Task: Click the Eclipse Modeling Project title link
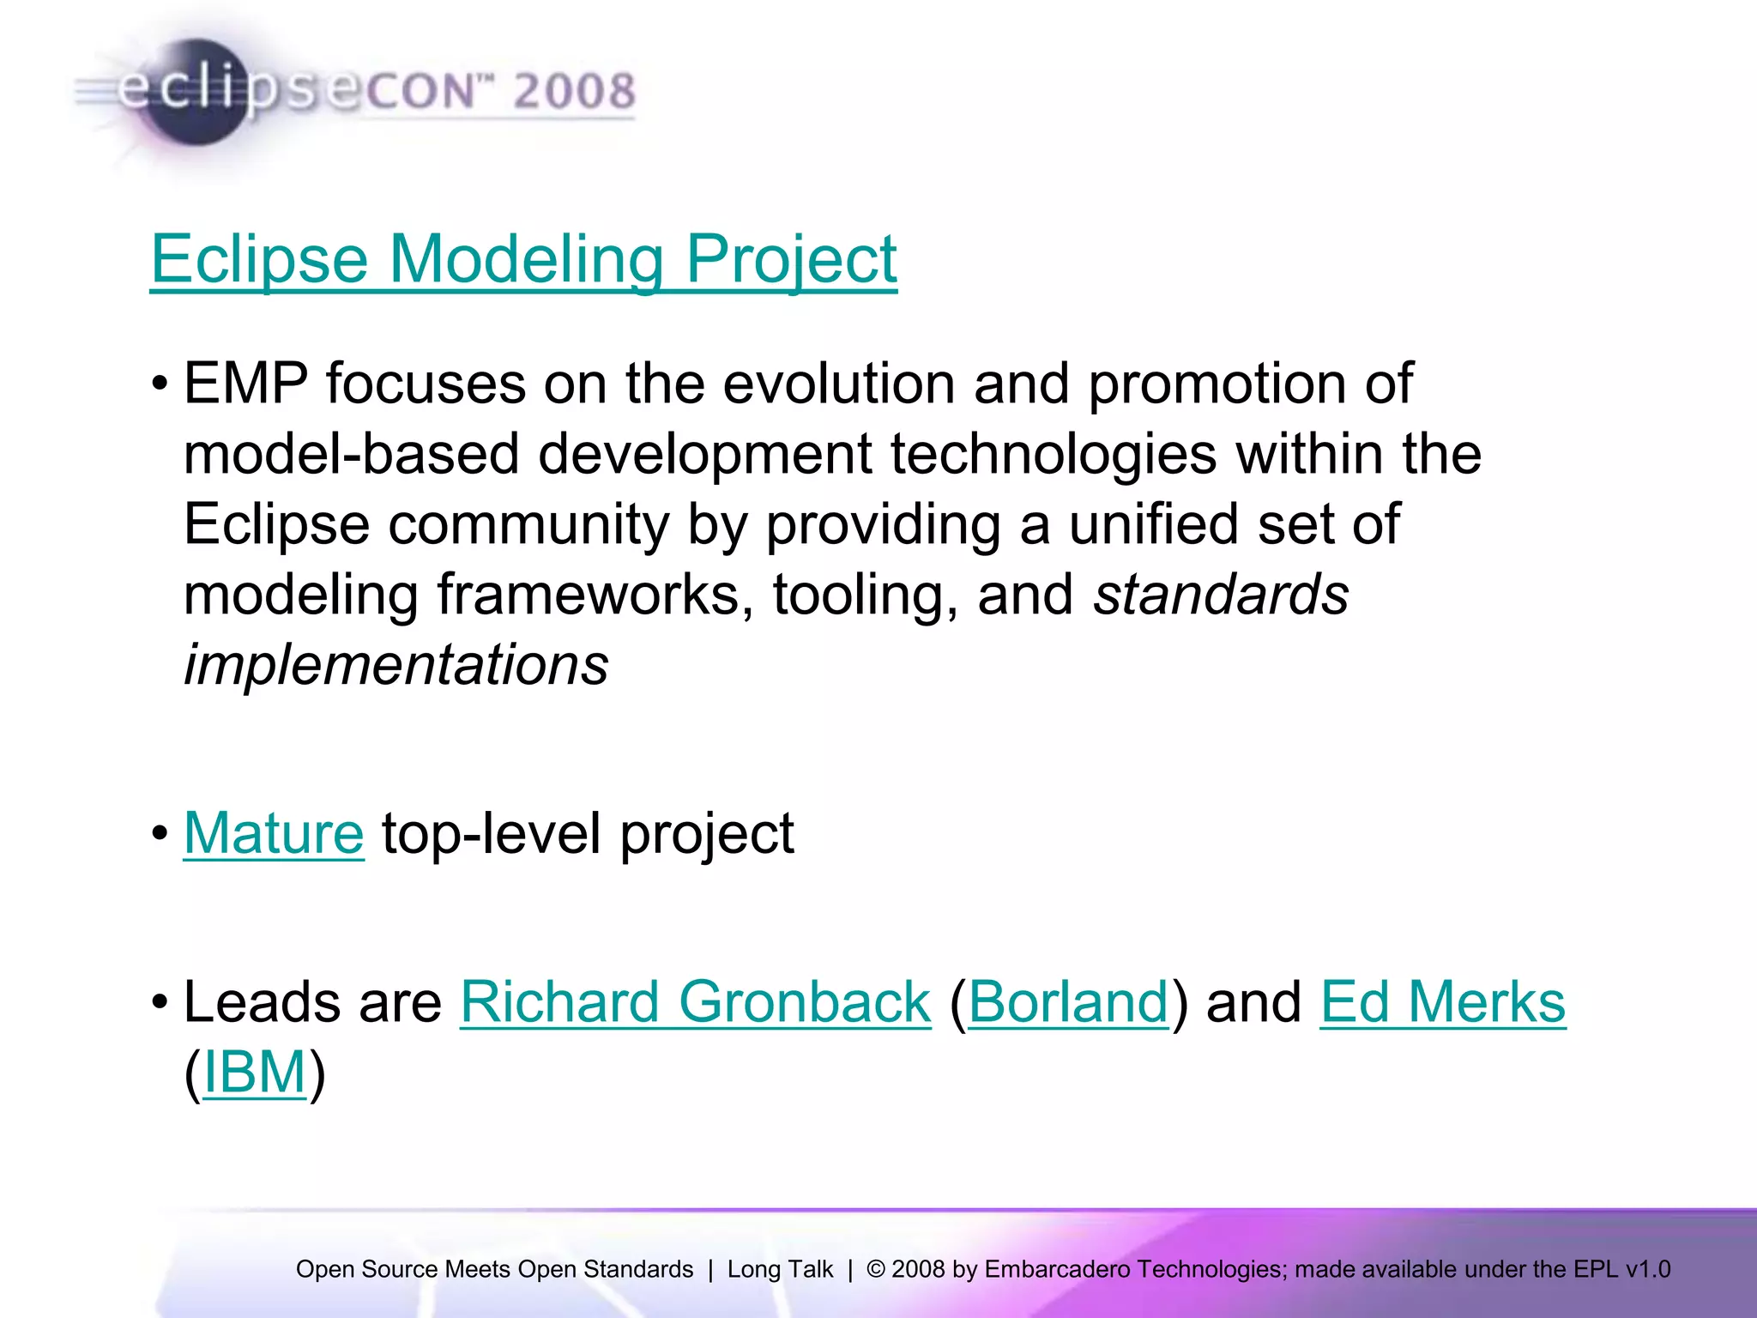[523, 259]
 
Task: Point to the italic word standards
[1220, 594]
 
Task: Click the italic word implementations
[395, 664]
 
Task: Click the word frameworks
[589, 594]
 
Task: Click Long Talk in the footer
[780, 1269]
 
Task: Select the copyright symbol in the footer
[875, 1269]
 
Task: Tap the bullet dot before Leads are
[160, 1002]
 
